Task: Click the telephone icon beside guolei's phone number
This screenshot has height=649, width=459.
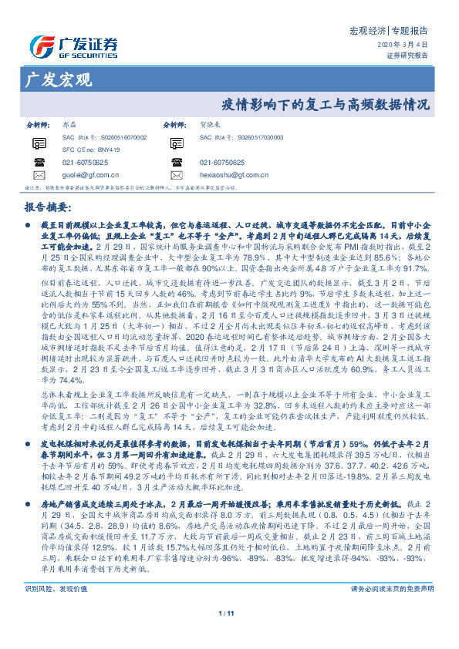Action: click(x=39, y=163)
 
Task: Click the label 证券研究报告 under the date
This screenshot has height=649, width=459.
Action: click(x=407, y=55)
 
